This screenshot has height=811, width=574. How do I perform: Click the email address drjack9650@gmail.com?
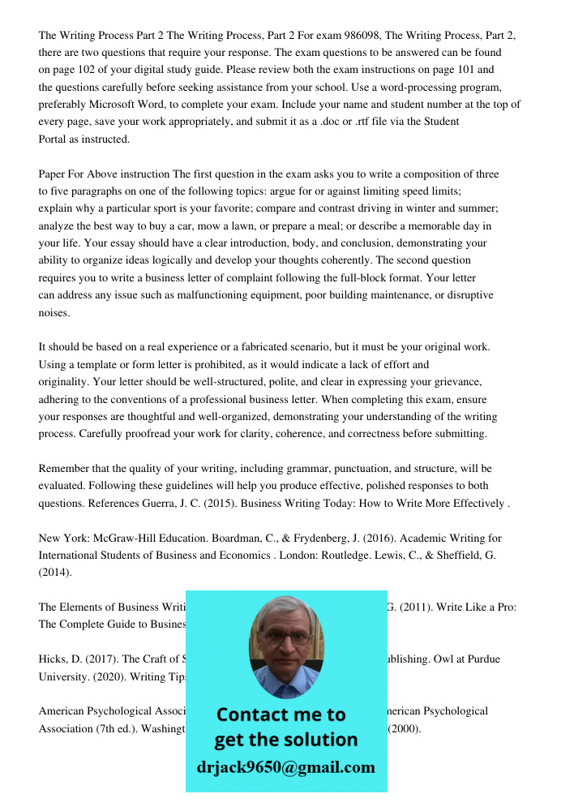pos(285,767)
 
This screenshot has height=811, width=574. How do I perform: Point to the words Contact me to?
pos(281,714)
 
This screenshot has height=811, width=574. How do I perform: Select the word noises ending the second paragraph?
pos(54,313)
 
